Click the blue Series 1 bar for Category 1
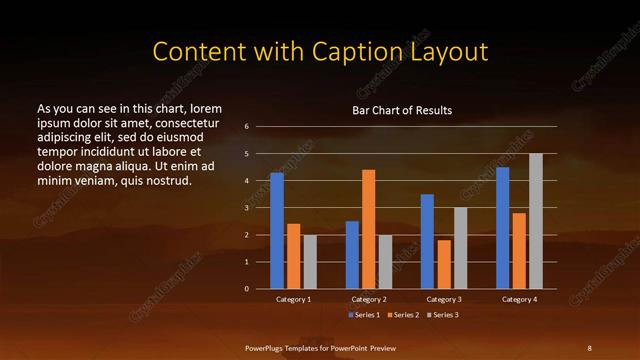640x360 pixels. (277, 231)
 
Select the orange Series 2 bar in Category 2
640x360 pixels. (369, 229)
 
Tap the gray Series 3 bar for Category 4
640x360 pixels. (536, 221)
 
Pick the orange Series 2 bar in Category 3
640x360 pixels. (444, 264)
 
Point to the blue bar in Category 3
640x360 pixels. (428, 241)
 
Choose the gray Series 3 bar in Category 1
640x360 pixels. (310, 262)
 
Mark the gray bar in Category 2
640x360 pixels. (385, 262)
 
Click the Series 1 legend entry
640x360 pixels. (364, 315)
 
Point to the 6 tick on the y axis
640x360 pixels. (246, 127)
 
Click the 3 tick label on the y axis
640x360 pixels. (246, 208)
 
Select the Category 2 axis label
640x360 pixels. (369, 299)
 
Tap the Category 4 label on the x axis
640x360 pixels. (519, 299)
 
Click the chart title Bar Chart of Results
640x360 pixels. (402, 109)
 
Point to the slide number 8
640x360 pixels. (589, 347)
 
